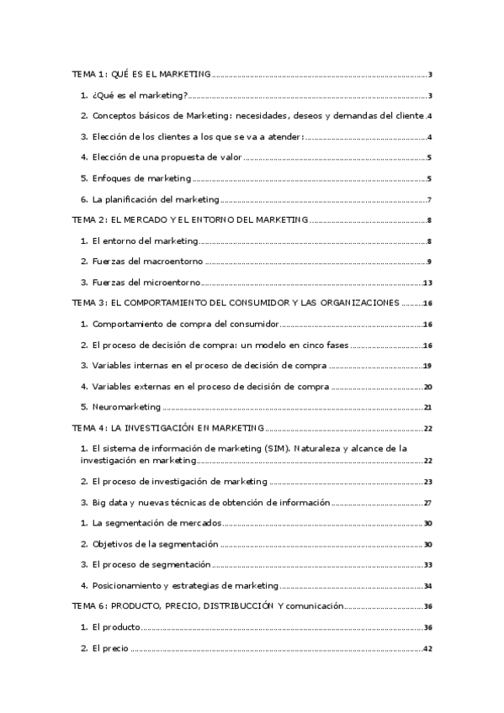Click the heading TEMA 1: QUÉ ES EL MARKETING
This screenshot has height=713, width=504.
(141, 74)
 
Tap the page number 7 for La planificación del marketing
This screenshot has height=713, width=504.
(429, 200)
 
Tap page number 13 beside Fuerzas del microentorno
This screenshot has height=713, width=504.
(427, 283)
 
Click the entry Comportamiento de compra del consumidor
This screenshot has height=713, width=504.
(184, 324)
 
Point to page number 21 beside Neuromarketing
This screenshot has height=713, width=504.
(427, 408)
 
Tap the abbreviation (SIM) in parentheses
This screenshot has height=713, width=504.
(298, 449)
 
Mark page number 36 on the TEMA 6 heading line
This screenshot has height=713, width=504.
(427, 606)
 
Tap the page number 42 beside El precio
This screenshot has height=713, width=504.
(427, 648)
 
